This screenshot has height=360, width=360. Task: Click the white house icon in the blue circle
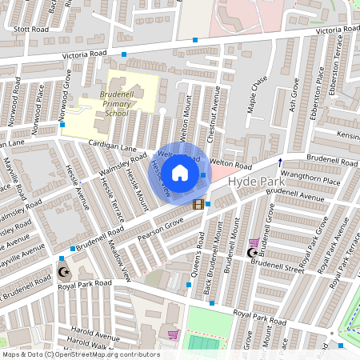coord(180,172)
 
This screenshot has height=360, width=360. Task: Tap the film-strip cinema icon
coord(198,205)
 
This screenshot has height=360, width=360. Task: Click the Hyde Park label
coord(251,182)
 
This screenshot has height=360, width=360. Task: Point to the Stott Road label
coord(30,29)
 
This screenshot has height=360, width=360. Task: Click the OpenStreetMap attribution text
coord(80,354)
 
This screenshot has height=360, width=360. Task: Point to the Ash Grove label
coord(295,94)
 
